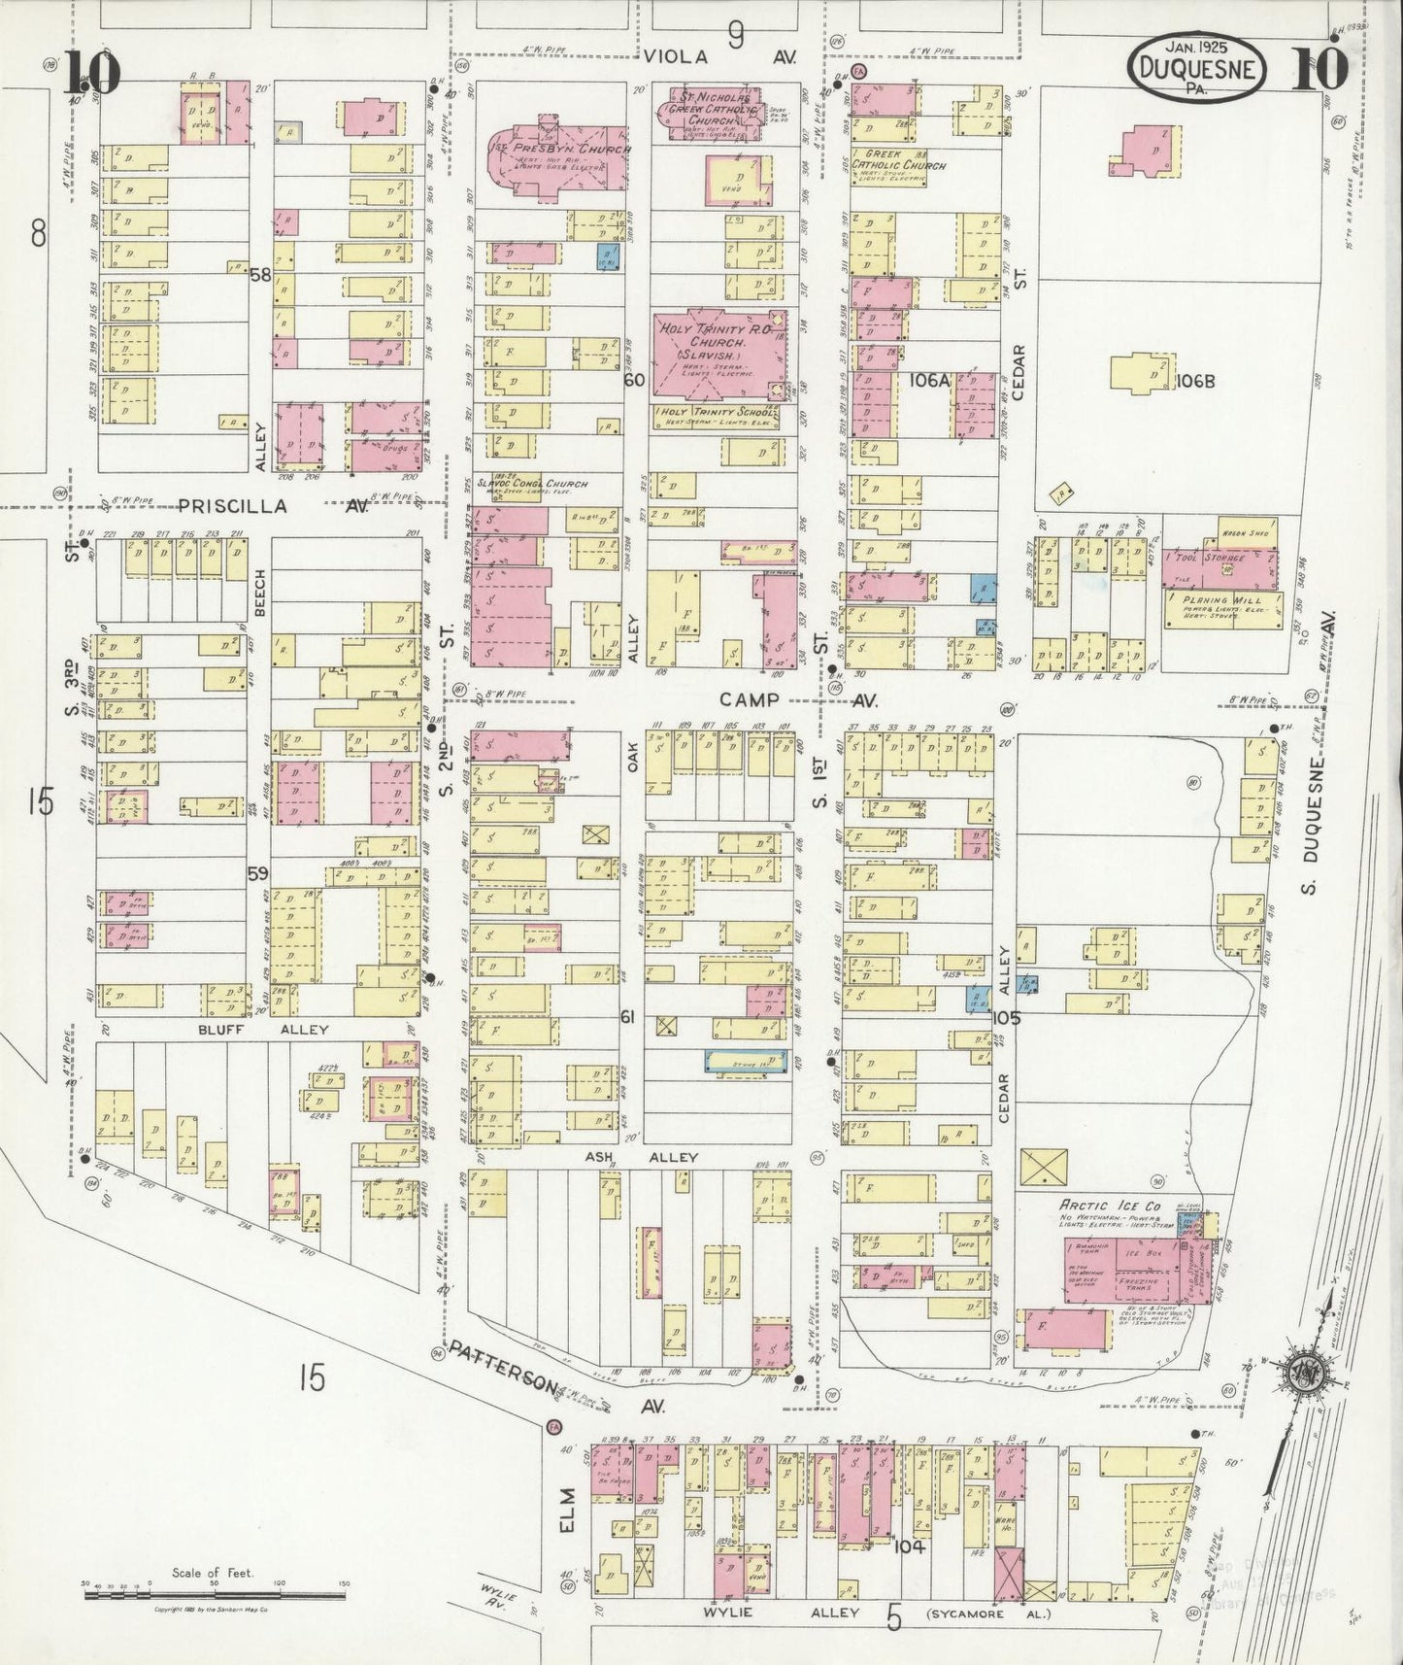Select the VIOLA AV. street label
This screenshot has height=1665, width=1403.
[x=718, y=58]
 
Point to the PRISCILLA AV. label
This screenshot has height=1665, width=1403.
[x=272, y=506]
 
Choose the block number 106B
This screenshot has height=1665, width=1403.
[x=1194, y=382]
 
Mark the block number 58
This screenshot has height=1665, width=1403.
[x=259, y=275]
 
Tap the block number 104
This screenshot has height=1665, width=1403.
[x=909, y=1546]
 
